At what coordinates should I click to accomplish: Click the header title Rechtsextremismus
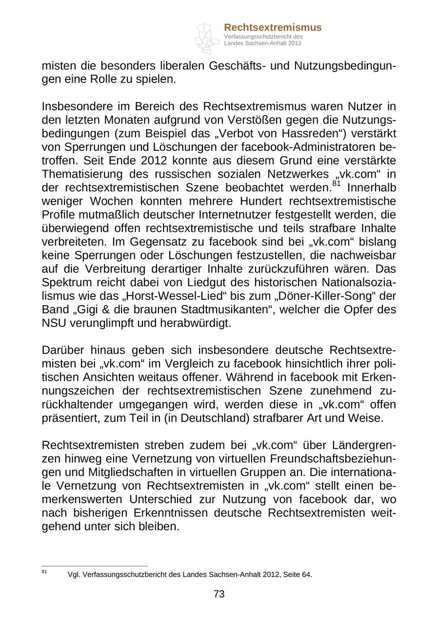[x=273, y=27]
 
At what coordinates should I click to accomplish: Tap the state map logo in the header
[x=207, y=38]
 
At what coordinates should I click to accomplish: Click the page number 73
[x=219, y=594]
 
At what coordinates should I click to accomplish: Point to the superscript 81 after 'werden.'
[x=337, y=184]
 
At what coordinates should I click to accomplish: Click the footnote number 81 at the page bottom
[x=44, y=572]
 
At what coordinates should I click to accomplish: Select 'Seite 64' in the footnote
[x=298, y=575]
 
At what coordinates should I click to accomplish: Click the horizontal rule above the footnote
[x=95, y=566]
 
